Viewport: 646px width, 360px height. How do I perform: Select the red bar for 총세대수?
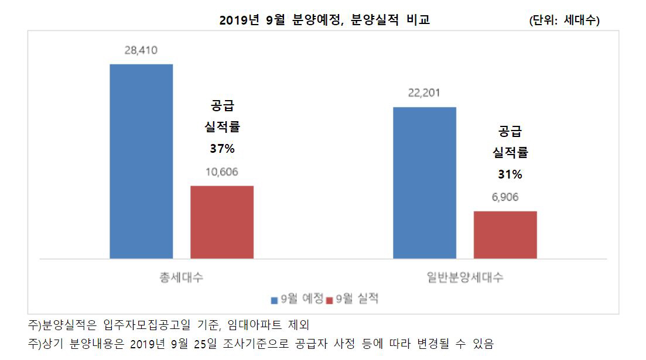click(x=222, y=222)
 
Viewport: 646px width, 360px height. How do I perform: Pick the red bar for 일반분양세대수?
click(x=505, y=234)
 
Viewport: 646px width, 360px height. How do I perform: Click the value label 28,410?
click(x=141, y=50)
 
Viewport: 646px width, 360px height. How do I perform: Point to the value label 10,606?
click(x=222, y=172)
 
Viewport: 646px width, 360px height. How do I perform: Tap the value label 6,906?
click(x=505, y=197)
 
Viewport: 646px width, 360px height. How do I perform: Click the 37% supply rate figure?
click(x=222, y=149)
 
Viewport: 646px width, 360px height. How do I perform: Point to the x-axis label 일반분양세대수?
click(x=464, y=277)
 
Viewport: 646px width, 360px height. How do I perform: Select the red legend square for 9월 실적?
click(x=330, y=300)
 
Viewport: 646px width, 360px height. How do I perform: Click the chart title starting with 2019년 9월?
click(x=324, y=20)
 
